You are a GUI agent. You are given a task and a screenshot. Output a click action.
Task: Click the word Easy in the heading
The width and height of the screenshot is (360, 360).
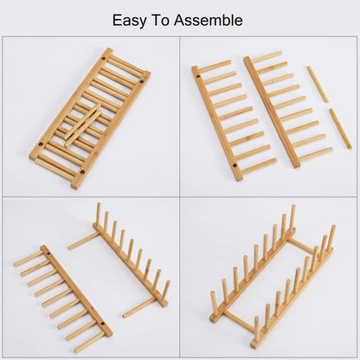(131, 20)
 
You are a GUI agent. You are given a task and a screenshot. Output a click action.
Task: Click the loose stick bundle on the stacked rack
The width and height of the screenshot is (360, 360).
(82, 123)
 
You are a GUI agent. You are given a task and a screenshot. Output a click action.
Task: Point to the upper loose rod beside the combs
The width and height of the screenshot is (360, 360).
(318, 84)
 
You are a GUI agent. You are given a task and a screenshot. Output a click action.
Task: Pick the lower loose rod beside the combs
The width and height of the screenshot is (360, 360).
(340, 128)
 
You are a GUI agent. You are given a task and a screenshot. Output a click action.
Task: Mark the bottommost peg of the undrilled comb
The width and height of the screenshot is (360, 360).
(315, 154)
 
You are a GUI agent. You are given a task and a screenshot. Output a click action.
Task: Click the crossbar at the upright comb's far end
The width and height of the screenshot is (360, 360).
(84, 241)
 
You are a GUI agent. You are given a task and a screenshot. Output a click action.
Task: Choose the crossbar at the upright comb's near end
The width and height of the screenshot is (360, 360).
(138, 306)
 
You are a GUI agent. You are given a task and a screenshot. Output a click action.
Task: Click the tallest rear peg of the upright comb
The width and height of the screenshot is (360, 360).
(99, 213)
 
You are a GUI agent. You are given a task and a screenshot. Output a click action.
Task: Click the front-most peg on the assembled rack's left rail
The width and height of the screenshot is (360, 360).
(214, 302)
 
